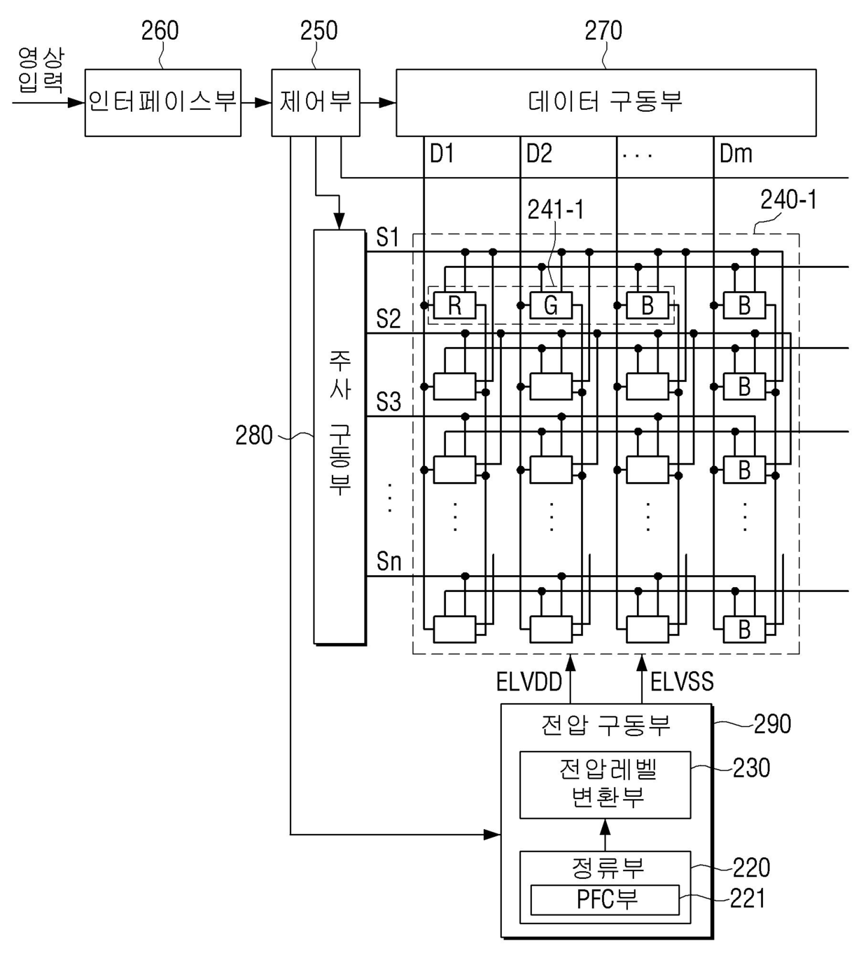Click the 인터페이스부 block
(163, 103)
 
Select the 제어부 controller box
(316, 103)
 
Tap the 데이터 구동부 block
(606, 103)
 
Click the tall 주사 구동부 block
(339, 437)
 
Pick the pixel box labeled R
(455, 305)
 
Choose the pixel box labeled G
(551, 305)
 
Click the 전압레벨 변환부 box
(605, 785)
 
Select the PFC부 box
(605, 900)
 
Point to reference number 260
(160, 31)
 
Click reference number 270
(603, 31)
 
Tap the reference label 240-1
(788, 199)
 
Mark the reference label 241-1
(555, 210)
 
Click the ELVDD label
(529, 682)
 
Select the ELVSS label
(682, 682)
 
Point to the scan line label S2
(388, 319)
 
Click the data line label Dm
(736, 154)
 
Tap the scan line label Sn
(388, 561)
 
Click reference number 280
(253, 435)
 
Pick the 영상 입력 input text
(41, 71)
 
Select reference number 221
(748, 898)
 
